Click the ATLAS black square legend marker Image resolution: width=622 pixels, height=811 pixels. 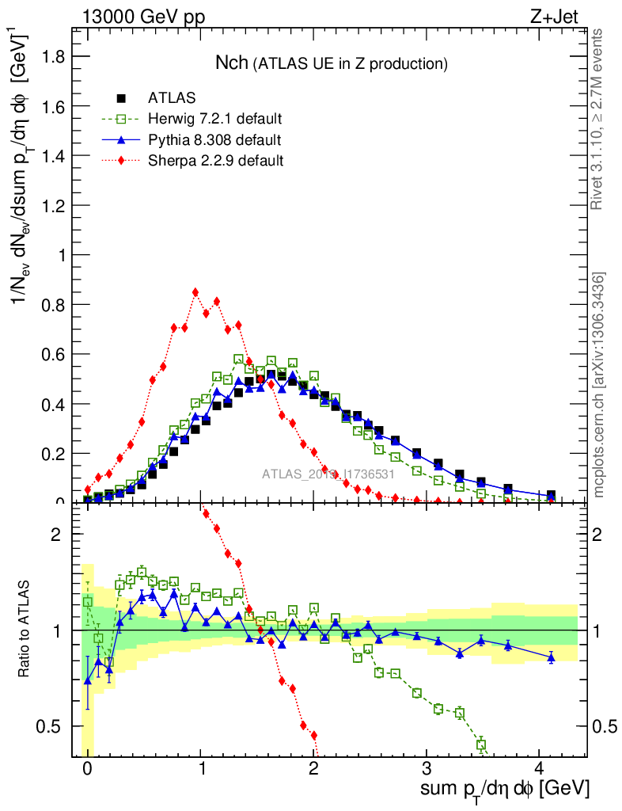(121, 98)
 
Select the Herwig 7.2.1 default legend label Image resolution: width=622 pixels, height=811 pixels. (215, 120)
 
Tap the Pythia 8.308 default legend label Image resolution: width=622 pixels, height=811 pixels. (214, 140)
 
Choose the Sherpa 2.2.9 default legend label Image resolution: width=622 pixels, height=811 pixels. (215, 161)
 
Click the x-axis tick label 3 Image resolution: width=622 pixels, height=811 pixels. (427, 768)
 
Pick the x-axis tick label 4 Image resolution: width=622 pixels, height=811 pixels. (540, 768)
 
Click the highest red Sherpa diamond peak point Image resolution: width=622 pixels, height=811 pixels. (195, 292)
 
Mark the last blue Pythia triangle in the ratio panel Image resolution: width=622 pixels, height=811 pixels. (552, 657)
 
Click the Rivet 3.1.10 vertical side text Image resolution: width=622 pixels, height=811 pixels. (598, 119)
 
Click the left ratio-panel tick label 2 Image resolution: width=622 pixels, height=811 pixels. (56, 534)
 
